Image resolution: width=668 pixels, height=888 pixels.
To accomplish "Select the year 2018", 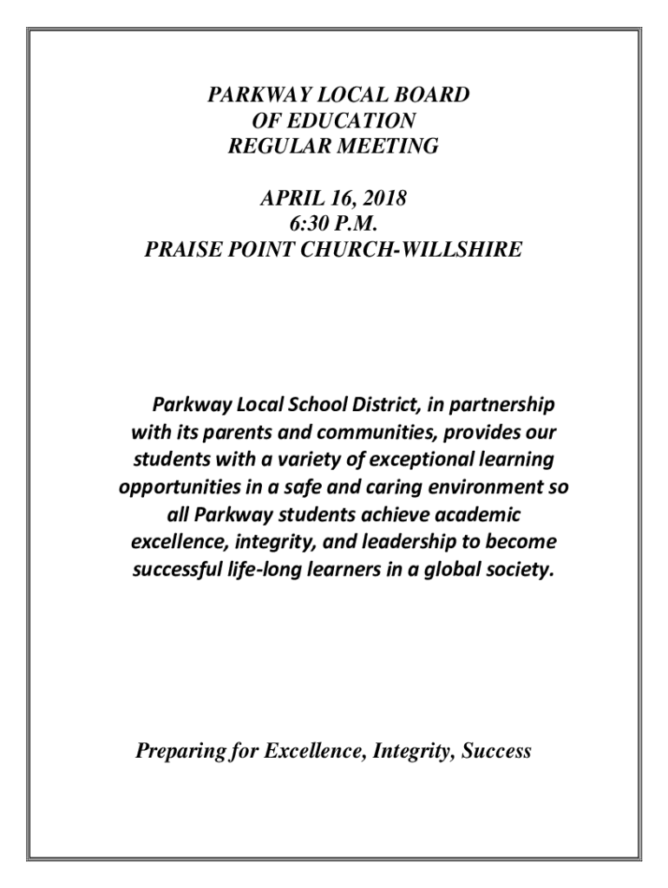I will (383, 199).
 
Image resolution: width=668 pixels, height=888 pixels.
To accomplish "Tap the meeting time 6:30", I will (305, 225).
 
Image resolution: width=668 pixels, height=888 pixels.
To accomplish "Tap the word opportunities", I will (178, 487).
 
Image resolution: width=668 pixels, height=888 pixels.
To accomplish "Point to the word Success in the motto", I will (495, 751).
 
